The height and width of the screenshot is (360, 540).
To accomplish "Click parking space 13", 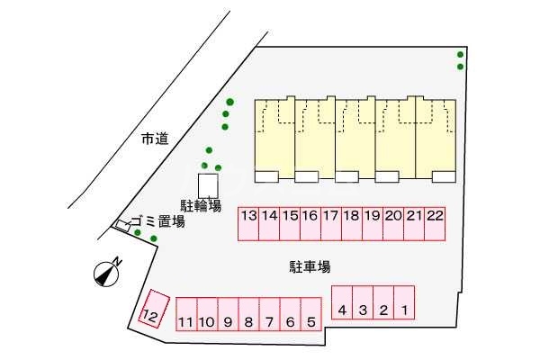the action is click(248, 224).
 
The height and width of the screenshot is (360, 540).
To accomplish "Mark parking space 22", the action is click(435, 224).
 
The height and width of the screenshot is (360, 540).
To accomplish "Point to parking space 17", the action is click(331, 224).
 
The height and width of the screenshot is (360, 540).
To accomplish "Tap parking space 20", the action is click(393, 224).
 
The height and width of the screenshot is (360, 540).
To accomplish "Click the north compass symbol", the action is click(108, 271).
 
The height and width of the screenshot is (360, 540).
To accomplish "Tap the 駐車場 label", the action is click(310, 266).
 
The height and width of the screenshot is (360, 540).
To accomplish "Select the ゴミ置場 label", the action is click(157, 220).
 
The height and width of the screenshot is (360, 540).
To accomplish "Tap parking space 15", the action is click(290, 224).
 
